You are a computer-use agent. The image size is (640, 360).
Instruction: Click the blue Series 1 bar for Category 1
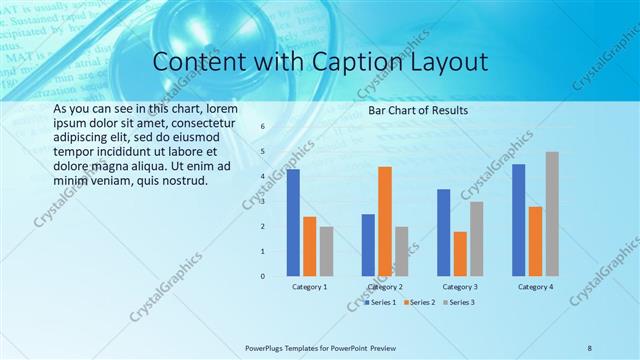tap(293, 223)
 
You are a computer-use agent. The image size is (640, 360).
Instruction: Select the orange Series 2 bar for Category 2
tap(385, 221)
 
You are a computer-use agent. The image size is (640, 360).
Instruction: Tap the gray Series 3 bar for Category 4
tap(552, 214)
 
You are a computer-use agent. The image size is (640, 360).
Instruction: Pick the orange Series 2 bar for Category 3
tap(460, 254)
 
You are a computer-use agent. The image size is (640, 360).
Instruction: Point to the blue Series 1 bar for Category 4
tap(518, 220)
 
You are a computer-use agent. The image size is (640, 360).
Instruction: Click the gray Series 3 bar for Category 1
tap(327, 251)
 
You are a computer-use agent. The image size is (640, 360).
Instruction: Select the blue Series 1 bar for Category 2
tap(368, 245)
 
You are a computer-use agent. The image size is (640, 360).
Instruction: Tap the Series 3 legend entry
tap(459, 302)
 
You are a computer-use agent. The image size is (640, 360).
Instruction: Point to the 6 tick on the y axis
tap(262, 127)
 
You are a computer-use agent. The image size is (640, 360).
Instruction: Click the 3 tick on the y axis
tap(262, 202)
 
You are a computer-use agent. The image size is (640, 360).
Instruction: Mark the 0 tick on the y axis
tap(262, 276)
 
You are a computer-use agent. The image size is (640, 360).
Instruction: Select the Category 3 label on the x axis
tap(460, 287)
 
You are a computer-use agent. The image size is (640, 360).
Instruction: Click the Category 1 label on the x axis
tap(310, 287)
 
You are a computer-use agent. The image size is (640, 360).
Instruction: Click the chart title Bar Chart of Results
tap(418, 109)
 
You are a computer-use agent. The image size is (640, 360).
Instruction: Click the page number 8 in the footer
tap(589, 347)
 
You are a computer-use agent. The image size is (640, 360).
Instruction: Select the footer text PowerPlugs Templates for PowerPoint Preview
tap(328, 347)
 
